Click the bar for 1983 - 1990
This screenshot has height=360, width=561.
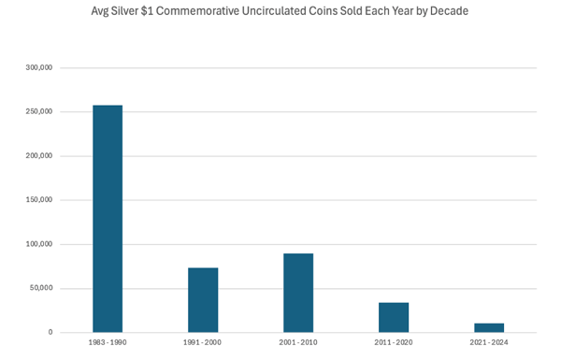[x=107, y=219]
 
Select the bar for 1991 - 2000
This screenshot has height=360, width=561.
[x=203, y=300]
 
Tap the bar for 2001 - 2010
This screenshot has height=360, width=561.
[x=298, y=293]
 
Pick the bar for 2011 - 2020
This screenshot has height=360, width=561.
[x=394, y=318]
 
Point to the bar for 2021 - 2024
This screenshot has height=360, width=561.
[x=489, y=328]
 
